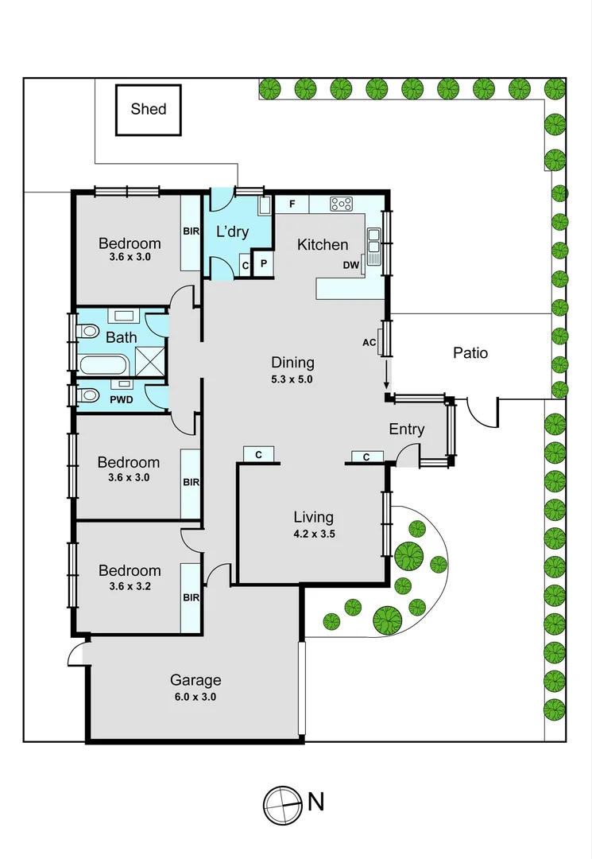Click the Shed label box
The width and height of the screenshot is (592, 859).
[149, 109]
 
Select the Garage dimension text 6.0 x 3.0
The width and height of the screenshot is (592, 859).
[195, 697]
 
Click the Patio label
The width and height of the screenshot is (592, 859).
[470, 352]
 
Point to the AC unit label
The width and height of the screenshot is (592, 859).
[369, 343]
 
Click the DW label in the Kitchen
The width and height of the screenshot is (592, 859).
[350, 266]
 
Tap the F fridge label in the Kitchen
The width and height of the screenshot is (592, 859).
[292, 204]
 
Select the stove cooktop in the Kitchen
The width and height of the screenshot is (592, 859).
[341, 204]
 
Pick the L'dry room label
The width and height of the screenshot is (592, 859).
[233, 232]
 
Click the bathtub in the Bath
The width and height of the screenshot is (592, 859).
[103, 367]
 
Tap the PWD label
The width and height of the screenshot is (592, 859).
[121, 400]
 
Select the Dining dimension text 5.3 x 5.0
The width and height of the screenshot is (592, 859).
[292, 379]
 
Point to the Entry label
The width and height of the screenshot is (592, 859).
[406, 429]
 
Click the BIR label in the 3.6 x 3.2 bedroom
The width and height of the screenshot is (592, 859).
[191, 597]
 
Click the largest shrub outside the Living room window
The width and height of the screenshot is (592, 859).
[408, 554]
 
